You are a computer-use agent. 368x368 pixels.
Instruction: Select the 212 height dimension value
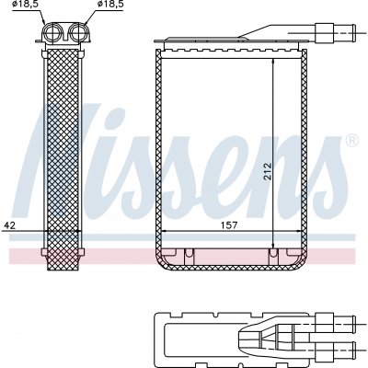click(268, 173)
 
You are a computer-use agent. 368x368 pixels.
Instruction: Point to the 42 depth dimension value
click(9, 225)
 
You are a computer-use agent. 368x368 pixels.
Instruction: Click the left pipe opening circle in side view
click(53, 33)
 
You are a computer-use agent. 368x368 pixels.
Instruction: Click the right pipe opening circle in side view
click(78, 33)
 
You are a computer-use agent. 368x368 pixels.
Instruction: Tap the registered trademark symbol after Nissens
click(351, 141)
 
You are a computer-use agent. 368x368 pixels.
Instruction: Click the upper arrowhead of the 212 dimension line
click(272, 62)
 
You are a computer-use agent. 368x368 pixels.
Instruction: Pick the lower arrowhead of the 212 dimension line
click(272, 246)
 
